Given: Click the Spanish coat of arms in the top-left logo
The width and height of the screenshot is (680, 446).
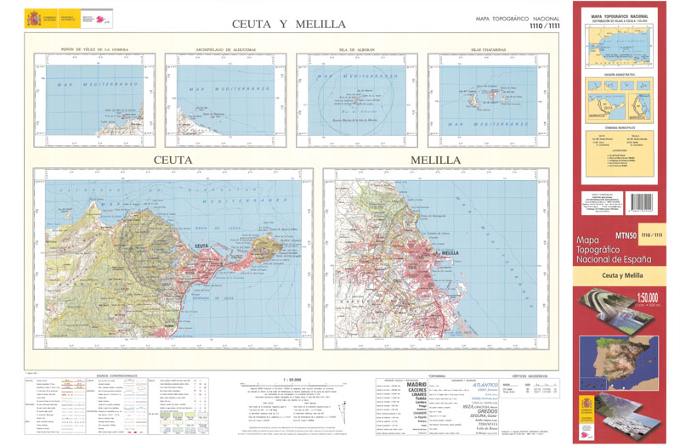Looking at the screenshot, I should point(32,17).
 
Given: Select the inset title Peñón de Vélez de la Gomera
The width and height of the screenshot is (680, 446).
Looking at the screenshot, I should point(94,49).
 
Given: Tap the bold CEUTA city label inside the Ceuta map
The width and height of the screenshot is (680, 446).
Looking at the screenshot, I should point(202,246).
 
